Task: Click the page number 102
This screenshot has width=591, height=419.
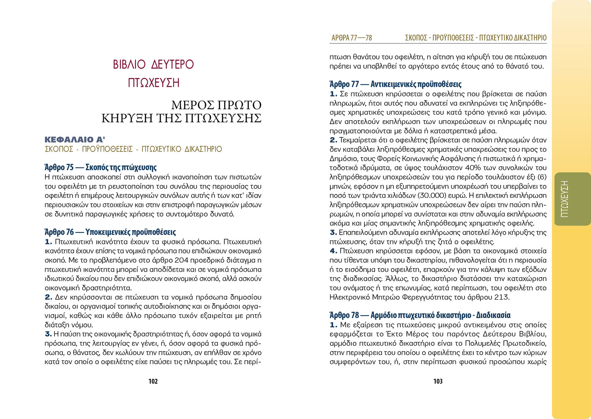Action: pos(153,381)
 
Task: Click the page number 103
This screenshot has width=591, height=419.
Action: pos(438,381)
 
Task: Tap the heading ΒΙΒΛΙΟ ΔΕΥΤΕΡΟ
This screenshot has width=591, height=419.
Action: pos(153,65)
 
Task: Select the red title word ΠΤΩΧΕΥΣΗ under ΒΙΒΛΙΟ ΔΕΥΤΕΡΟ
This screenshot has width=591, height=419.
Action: pos(154,83)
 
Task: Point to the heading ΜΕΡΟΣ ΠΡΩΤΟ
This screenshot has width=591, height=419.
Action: pos(216,105)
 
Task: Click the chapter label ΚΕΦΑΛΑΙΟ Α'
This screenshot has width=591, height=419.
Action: pos(75,140)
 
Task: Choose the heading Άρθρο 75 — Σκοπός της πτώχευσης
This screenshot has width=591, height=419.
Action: pos(100,168)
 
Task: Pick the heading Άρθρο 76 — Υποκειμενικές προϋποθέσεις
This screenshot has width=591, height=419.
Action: pos(110,232)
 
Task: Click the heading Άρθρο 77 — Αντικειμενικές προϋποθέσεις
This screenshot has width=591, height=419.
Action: pos(395,84)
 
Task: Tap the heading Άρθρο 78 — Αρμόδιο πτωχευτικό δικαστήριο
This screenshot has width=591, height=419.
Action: pos(420,315)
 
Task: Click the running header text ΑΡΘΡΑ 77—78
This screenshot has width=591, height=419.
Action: pos(352,38)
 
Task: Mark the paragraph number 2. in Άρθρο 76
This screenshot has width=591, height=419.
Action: pos(49,297)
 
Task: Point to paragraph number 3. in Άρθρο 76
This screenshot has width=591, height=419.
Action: pos(48,334)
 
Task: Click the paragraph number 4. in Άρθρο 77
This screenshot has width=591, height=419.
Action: pos(333,251)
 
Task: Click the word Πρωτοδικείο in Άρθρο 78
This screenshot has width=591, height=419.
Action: pos(525,343)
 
